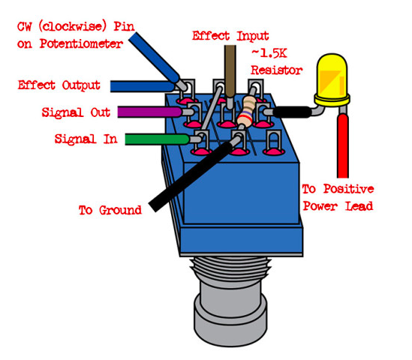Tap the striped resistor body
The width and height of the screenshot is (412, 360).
245,111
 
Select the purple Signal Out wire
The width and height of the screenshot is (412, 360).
149,112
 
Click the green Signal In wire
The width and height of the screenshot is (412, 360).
157,139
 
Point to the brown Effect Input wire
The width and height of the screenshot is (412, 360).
230,71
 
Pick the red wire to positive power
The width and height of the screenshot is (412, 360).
343,145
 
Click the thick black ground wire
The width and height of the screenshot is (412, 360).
191,176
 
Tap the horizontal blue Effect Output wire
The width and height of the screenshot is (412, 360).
142,86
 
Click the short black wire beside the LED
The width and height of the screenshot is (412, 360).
292,112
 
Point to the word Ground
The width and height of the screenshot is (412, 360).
120,210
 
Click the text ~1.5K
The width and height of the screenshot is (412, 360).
269,53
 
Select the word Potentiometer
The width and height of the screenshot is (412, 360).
81,43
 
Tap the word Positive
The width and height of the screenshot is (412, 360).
348,189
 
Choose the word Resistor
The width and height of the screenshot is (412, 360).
276,70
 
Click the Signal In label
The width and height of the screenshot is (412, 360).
86,139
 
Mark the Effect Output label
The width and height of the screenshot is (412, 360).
59,85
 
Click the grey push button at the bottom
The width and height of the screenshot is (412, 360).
230,314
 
